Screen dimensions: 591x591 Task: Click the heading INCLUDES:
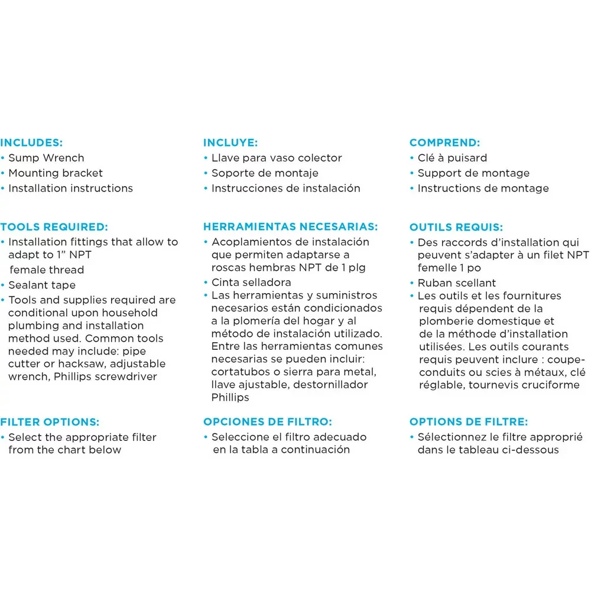tap(31, 142)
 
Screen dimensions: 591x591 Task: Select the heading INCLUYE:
tap(231, 142)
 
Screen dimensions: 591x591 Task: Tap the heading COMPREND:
tap(444, 142)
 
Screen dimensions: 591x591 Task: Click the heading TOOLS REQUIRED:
tap(54, 226)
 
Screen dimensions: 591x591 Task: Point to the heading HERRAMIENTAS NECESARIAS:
tap(291, 226)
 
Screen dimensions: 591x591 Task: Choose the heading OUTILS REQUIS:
tap(456, 227)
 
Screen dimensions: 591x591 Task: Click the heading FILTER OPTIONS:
tap(50, 422)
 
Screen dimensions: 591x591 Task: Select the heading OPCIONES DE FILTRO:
tap(268, 422)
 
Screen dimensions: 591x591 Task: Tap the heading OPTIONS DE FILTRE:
tap(469, 422)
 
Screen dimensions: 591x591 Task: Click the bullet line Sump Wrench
tap(46, 158)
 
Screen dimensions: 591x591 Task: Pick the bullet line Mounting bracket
tap(55, 173)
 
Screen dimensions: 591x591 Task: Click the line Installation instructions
tap(70, 189)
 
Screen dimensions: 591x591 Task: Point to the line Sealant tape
tap(42, 285)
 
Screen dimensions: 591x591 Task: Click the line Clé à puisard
tap(452, 158)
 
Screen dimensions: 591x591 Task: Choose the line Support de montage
tap(473, 173)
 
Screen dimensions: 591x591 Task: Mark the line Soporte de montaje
tap(265, 173)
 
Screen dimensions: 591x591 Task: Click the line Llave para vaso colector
tap(277, 158)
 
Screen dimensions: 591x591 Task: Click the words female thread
tap(47, 270)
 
